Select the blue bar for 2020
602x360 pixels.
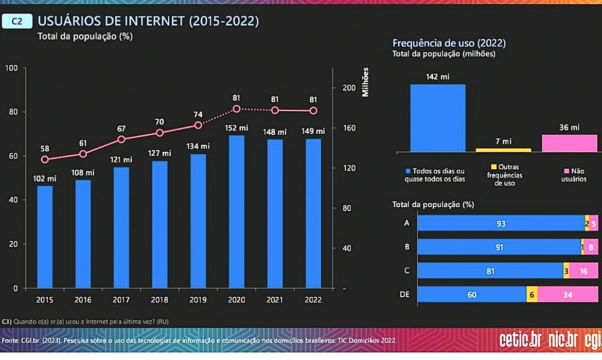[237, 211]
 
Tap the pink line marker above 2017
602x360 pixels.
[121, 139]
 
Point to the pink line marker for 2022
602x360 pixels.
[313, 111]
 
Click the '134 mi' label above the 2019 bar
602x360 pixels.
[198, 146]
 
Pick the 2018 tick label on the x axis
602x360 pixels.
[160, 300]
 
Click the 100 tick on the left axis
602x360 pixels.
[12, 68]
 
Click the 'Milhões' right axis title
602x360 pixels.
[366, 82]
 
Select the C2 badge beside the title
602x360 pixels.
[17, 22]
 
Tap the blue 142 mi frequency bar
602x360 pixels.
[437, 118]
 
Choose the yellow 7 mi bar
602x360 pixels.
[503, 150]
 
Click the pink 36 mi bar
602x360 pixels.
[569, 143]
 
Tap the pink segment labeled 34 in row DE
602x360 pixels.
[568, 295]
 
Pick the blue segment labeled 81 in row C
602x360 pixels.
[490, 271]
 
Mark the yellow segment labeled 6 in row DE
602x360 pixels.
[532, 295]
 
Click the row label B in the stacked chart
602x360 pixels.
[407, 247]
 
